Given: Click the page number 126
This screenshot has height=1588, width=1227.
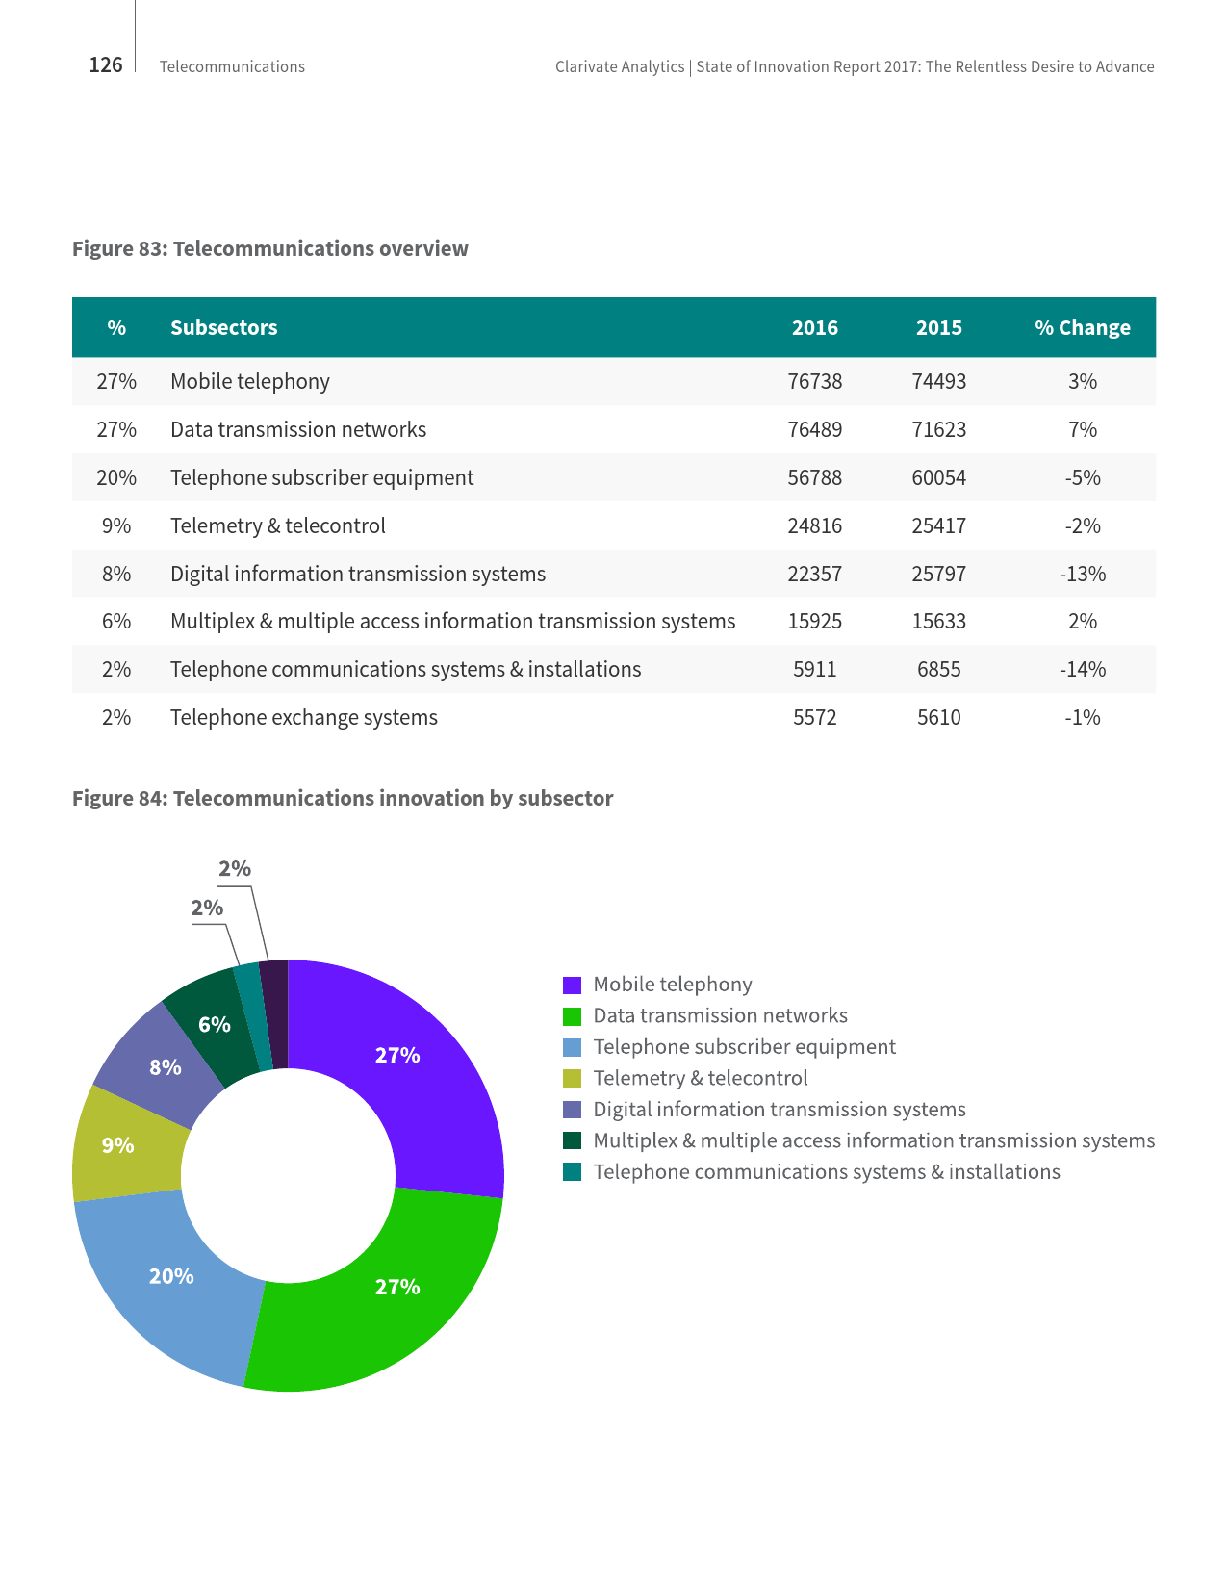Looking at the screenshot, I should [x=106, y=64].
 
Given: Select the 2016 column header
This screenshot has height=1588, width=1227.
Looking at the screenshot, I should [x=814, y=327].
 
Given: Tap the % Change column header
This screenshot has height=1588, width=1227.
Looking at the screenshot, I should [x=1082, y=327].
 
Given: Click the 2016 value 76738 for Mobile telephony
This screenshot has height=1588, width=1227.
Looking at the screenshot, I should [x=814, y=381].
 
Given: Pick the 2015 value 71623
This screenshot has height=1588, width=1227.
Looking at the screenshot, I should [x=938, y=429].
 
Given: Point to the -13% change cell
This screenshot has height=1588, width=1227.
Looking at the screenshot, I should [x=1082, y=574].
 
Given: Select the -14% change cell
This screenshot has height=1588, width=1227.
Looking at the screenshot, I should [x=1082, y=669].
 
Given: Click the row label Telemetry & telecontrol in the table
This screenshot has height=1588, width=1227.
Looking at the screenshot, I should [x=277, y=525].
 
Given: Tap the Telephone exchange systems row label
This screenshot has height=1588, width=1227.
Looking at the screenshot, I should [x=303, y=717].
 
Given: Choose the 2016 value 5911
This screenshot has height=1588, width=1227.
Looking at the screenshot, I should [x=814, y=669].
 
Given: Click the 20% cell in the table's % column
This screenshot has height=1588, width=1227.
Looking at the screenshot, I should [x=116, y=477].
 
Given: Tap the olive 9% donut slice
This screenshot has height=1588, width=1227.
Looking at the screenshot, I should [x=120, y=1145].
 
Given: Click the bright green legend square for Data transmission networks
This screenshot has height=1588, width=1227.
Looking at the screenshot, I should [x=572, y=1016].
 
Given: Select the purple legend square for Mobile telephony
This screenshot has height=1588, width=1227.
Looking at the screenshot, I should [x=572, y=985].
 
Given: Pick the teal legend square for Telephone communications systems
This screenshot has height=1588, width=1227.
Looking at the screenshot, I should [x=572, y=1172].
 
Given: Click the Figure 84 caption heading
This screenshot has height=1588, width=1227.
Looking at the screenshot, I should [x=343, y=798].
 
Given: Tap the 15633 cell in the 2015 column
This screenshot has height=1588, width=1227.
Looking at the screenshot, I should [x=938, y=621].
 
